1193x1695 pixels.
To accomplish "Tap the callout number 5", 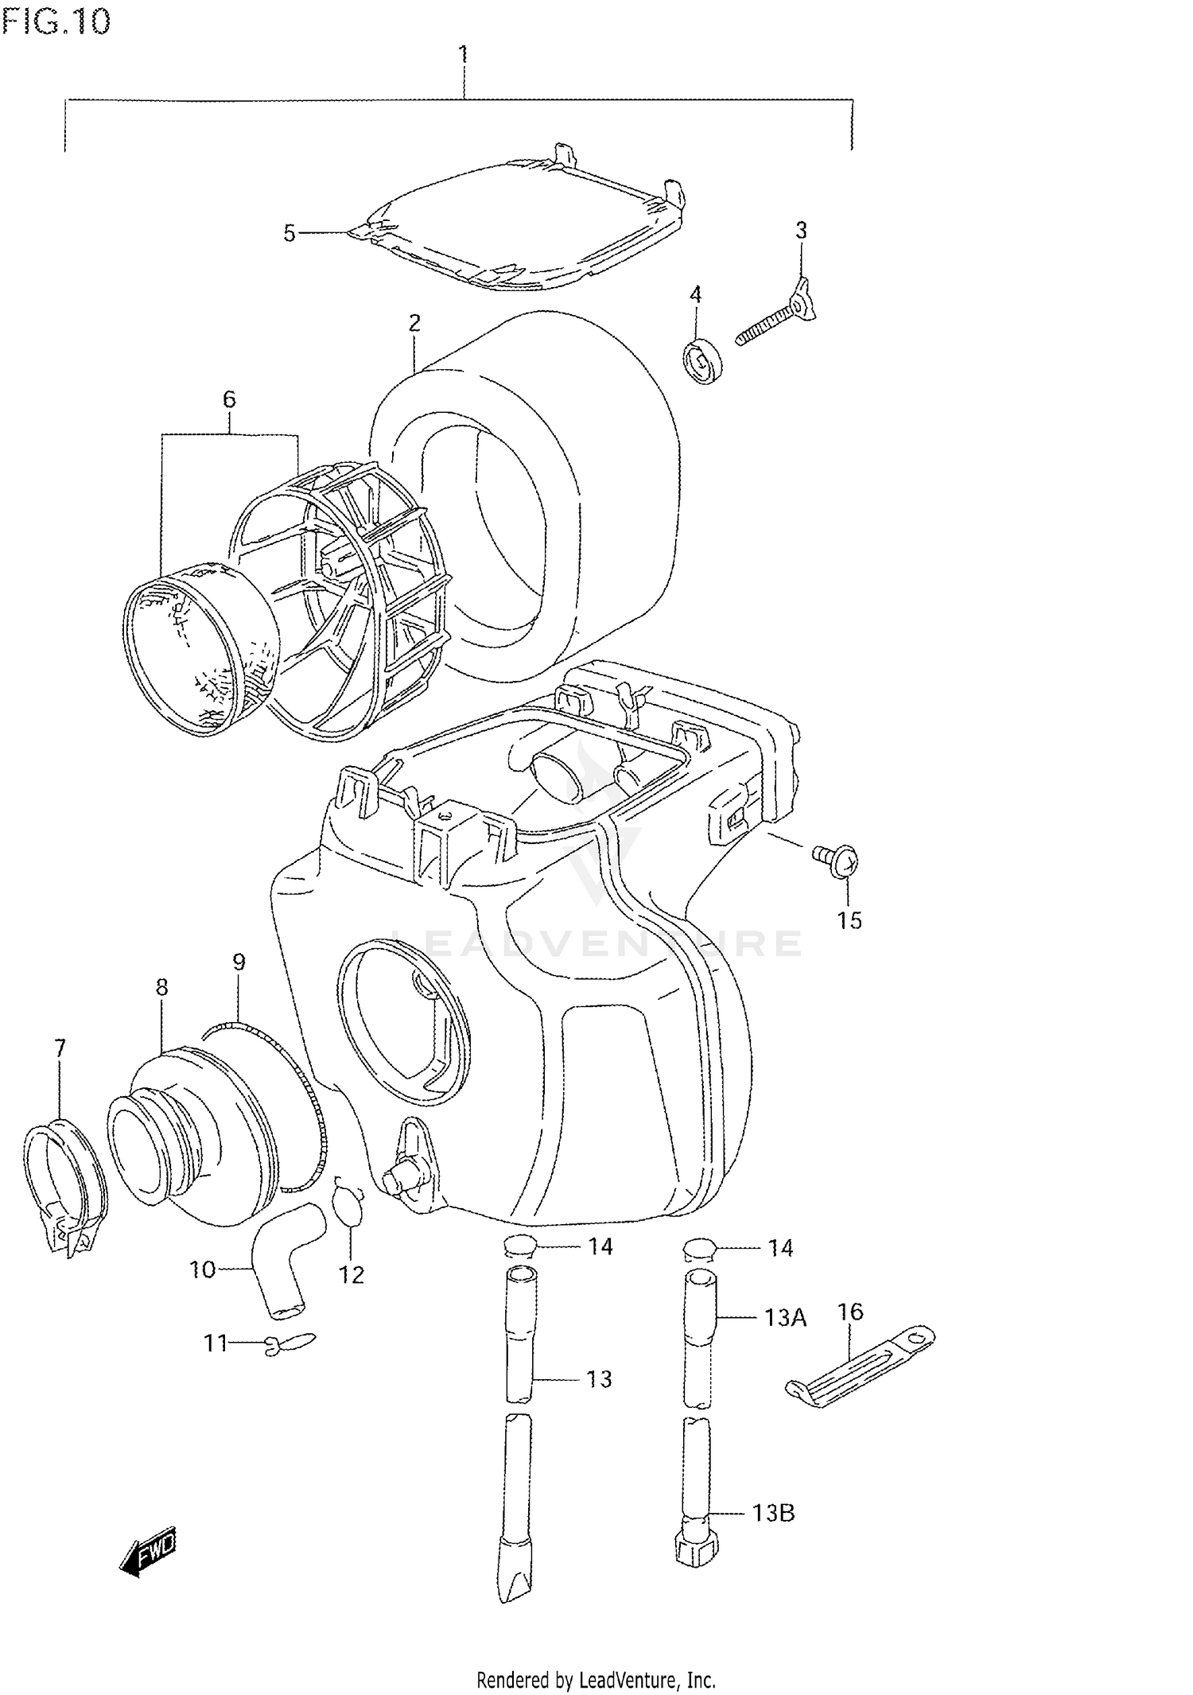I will pos(290,233).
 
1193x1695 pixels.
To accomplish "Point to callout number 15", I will pos(849,920).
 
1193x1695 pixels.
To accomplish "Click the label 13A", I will pos(785,1318).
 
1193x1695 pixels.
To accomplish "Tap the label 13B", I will pos(773,1512).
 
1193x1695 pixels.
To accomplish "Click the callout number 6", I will pos(229,399).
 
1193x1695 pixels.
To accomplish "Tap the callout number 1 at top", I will pos(462,55).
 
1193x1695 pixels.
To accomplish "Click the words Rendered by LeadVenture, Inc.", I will pos(596,1680).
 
